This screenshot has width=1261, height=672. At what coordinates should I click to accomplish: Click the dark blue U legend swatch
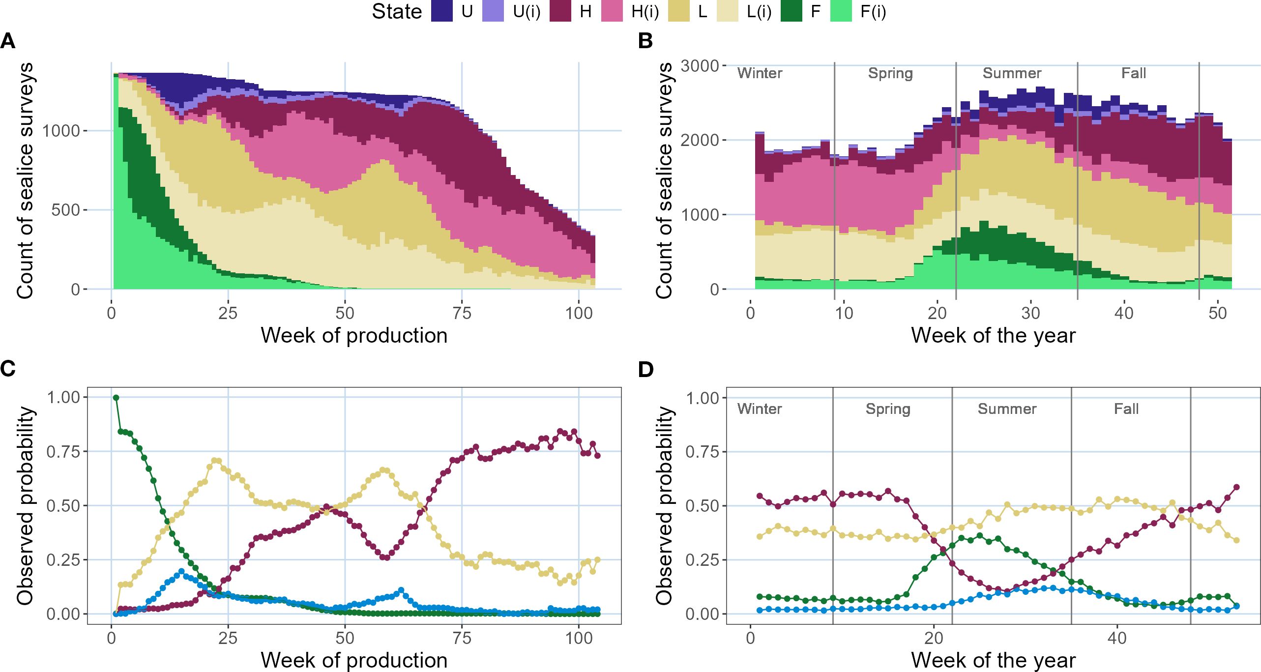441,11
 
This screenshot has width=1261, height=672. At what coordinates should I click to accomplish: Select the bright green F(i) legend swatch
841,11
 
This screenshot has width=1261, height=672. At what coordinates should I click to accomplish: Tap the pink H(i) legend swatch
612,11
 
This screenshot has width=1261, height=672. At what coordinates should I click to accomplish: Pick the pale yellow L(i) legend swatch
727,11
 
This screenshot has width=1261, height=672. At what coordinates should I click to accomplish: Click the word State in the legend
397,11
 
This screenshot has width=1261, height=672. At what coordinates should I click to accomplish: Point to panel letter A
8,41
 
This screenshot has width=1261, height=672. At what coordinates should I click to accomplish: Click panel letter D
645,369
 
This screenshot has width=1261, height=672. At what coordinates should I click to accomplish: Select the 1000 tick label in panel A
61,131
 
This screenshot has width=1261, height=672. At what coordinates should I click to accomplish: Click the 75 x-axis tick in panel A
462,313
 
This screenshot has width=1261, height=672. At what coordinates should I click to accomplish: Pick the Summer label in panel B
1012,73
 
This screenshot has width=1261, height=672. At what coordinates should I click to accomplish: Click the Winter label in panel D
760,409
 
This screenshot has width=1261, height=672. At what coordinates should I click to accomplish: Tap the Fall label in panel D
1126,409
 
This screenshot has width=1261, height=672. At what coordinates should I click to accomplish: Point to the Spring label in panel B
890,73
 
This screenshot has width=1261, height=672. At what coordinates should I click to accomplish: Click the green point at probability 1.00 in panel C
116,398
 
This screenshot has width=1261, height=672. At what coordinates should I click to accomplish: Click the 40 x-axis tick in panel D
1117,638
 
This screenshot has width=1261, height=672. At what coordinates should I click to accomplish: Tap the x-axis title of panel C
354,660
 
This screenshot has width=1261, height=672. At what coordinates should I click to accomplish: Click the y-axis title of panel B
664,180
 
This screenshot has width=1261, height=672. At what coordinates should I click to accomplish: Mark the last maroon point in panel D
1237,488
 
